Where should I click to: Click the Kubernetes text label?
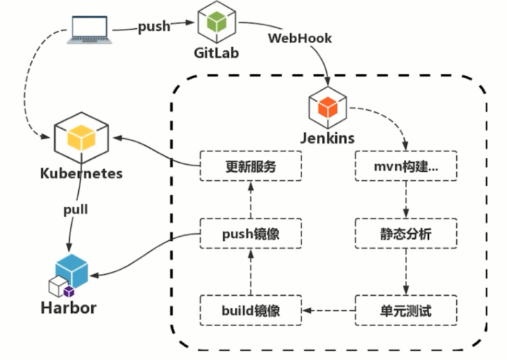[81, 173]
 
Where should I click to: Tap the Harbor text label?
[68, 308]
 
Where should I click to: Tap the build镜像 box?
[250, 310]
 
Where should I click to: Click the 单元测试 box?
[405, 310]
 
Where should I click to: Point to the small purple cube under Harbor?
[69, 291]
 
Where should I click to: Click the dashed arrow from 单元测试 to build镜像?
[327, 310]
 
